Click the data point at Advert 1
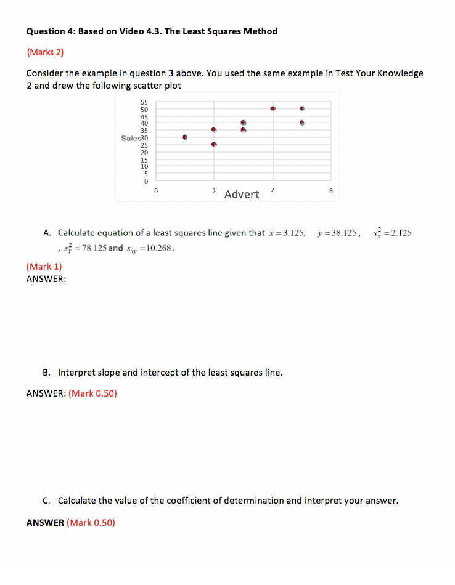click(x=185, y=137)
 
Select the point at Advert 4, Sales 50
click(x=273, y=108)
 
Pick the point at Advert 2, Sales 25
click(x=214, y=145)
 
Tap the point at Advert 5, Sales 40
click(x=302, y=123)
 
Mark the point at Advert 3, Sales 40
click(x=244, y=123)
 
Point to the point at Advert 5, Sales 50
click(x=302, y=108)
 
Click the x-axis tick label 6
click(x=331, y=192)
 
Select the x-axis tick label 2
click(x=214, y=192)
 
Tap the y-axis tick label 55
click(x=144, y=102)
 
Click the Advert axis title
click(x=242, y=195)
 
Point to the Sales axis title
click(x=131, y=138)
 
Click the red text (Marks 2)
click(x=45, y=52)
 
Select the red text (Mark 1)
click(x=44, y=267)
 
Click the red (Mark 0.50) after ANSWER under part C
click(x=91, y=523)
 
